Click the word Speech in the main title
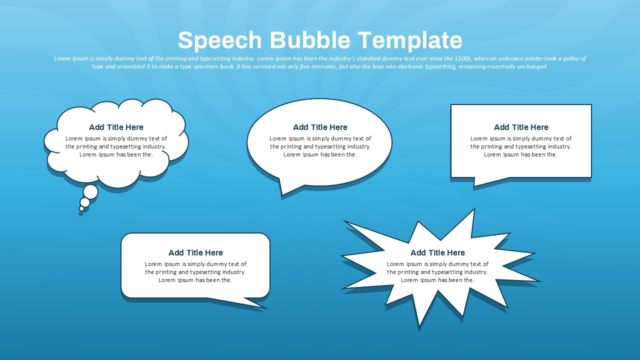coord(219,40)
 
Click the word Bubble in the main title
coord(310,39)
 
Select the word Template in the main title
coord(410,40)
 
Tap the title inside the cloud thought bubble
coord(116,127)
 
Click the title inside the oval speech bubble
coord(320,127)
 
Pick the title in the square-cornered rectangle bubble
coord(521,127)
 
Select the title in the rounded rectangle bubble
coord(195,252)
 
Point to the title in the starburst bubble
coord(437,252)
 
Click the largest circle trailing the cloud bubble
coord(90,191)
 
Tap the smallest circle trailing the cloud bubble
coord(81,209)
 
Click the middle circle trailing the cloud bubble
coord(85,202)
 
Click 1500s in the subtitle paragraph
coord(462,58)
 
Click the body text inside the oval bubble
coord(320,146)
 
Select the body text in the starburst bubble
coord(437,272)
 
